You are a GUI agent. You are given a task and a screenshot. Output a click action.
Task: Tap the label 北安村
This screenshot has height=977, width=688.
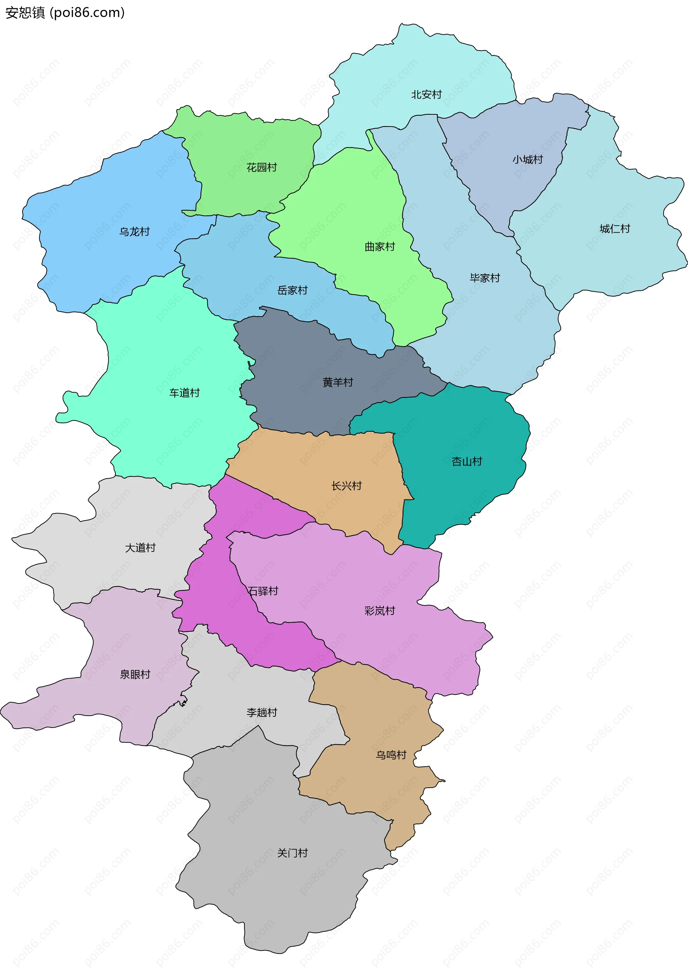(426, 94)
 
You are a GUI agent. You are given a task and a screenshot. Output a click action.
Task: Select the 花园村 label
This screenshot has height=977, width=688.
(262, 167)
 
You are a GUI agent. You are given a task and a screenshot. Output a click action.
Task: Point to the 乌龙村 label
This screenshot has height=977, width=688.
(134, 232)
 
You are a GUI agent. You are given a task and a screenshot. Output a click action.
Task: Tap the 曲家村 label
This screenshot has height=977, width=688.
(380, 246)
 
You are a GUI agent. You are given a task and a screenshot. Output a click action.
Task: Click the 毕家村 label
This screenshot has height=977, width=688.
(485, 278)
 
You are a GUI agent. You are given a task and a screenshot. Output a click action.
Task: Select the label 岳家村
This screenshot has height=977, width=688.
(292, 290)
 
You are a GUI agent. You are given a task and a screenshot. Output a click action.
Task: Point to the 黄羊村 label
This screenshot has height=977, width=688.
(338, 382)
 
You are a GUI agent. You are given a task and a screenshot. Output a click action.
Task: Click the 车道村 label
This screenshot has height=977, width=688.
(185, 392)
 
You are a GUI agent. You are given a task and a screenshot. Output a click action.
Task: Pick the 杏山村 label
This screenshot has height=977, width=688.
(467, 461)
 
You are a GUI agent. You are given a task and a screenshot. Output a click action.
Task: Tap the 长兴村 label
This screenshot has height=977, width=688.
(346, 485)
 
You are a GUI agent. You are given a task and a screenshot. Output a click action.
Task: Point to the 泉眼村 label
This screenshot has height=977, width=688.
(135, 674)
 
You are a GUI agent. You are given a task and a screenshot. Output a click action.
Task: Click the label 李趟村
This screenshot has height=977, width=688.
(262, 712)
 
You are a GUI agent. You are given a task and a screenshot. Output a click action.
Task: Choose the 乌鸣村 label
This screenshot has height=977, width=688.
(391, 754)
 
